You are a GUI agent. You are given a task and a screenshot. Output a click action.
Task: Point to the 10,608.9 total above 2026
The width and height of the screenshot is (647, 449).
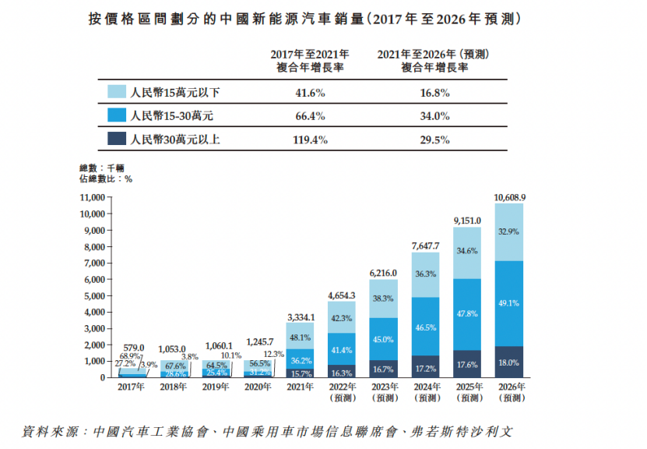(510, 196)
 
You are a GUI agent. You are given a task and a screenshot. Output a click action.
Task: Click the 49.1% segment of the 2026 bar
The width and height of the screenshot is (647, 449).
(510, 303)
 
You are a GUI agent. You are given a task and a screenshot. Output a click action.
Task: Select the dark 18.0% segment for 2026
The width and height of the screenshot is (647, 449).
(510, 362)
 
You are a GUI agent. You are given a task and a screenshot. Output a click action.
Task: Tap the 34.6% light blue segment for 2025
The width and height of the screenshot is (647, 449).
(467, 251)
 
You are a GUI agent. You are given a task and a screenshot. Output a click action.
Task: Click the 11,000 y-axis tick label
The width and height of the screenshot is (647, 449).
(92, 198)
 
